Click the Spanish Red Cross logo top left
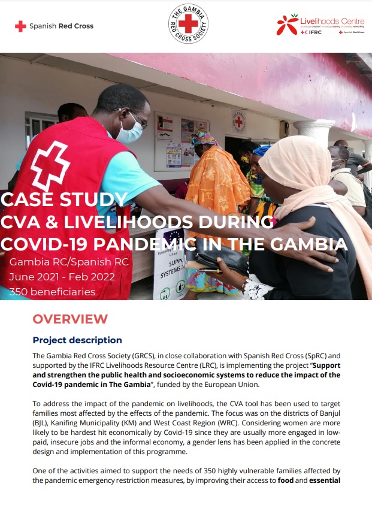tap(54, 26)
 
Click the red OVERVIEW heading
tap(70, 319)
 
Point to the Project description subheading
tap(77, 340)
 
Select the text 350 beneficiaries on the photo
tap(52, 292)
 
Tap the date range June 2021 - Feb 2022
tap(62, 277)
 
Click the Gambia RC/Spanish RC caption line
tap(69, 262)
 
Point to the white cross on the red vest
tap(50, 164)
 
